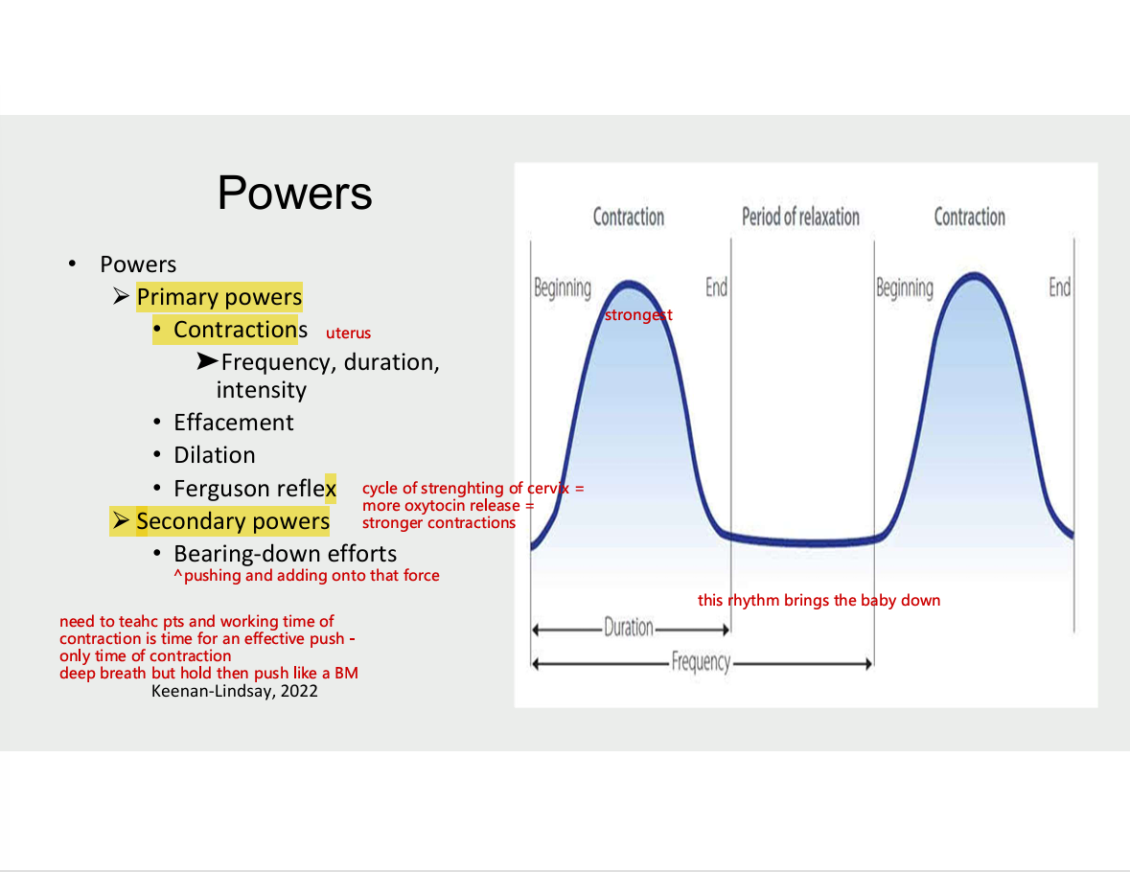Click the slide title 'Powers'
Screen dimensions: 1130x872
(x=295, y=193)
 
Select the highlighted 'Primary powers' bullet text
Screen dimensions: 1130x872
(x=219, y=297)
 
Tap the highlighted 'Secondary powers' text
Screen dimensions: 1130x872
(x=233, y=521)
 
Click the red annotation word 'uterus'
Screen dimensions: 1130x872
(x=348, y=333)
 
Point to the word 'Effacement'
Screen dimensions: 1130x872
(x=234, y=423)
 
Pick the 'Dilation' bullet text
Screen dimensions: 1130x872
(x=215, y=455)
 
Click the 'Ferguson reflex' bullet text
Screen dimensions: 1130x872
(x=255, y=489)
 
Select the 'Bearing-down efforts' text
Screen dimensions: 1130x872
(x=286, y=554)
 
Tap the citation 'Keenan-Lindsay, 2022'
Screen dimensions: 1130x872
(x=234, y=691)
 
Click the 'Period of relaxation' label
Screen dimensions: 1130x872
(x=800, y=217)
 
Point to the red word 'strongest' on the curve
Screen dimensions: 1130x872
(x=638, y=315)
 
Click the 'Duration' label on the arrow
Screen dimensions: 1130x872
(x=629, y=628)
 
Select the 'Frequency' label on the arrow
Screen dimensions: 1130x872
(x=701, y=661)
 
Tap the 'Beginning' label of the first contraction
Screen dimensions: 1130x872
(x=562, y=288)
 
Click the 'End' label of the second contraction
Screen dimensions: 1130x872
(x=1059, y=287)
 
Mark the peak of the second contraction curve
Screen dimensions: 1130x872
(x=975, y=275)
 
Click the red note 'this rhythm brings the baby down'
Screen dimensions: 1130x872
(x=819, y=600)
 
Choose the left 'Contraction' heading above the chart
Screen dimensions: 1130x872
(x=629, y=217)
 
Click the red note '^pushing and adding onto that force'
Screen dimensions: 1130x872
(x=307, y=575)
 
